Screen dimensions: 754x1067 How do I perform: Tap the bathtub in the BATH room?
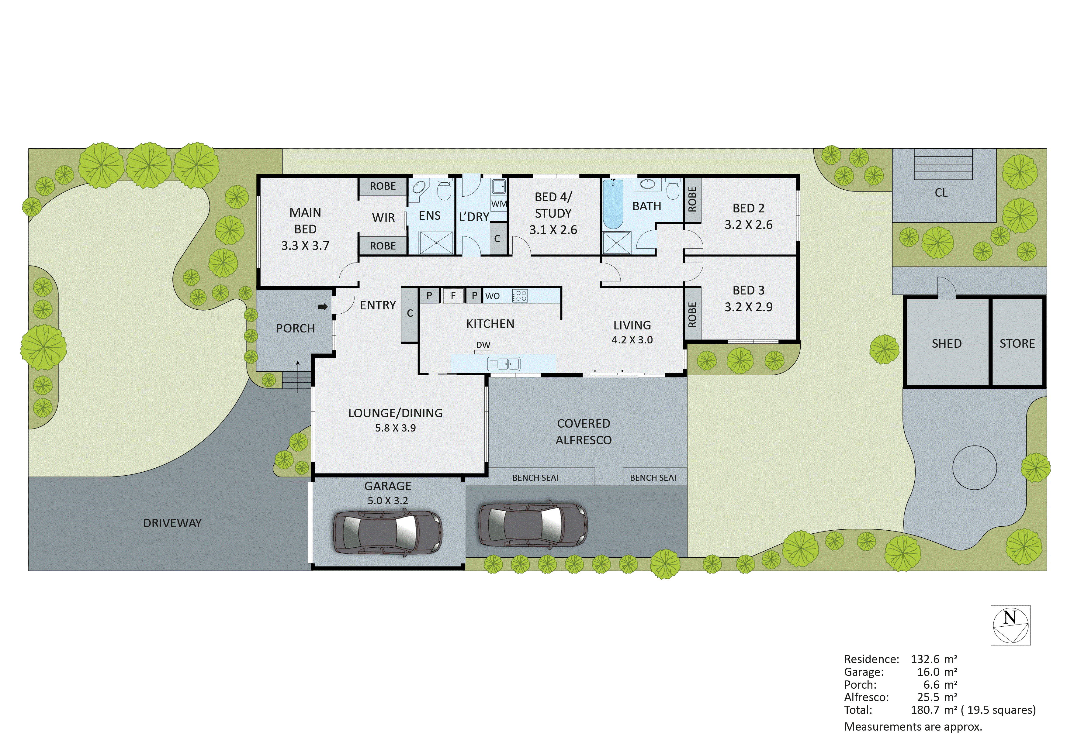click(x=613, y=205)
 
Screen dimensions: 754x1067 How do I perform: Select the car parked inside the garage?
click(x=388, y=533)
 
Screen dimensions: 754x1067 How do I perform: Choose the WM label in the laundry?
click(x=499, y=204)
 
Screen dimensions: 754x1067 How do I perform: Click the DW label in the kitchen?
click(x=483, y=345)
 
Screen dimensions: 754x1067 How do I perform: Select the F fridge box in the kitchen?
click(x=453, y=296)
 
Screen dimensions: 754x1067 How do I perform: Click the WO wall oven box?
click(x=493, y=296)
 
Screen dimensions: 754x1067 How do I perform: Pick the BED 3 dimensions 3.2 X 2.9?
click(x=748, y=307)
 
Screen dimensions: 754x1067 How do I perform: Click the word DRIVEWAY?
click(x=172, y=523)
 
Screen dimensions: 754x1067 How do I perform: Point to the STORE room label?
click(x=1017, y=343)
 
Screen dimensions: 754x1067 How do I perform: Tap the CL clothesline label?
click(x=941, y=192)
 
